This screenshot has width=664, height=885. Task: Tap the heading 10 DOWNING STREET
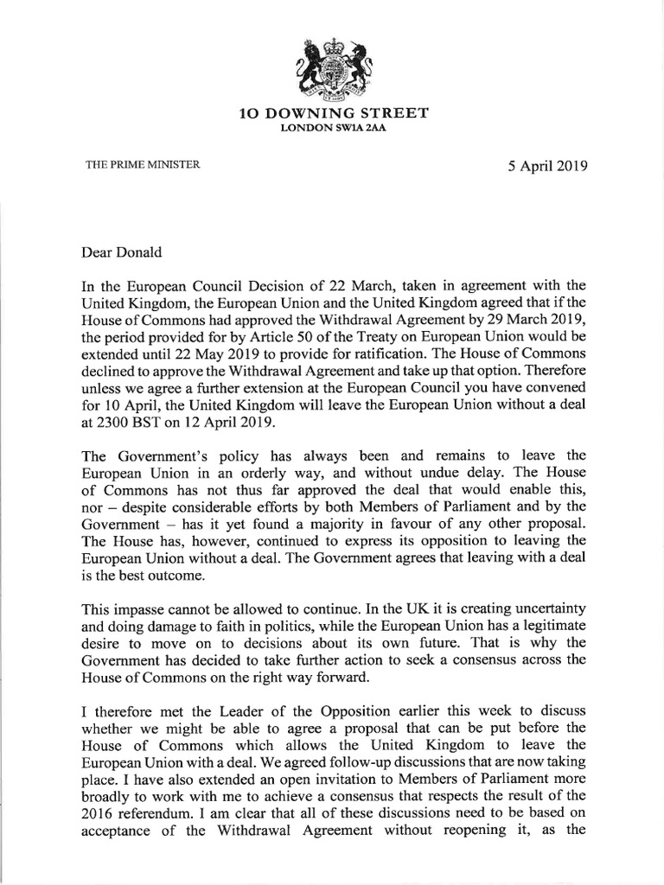(x=333, y=114)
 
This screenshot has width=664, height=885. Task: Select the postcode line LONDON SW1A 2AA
(x=333, y=129)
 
